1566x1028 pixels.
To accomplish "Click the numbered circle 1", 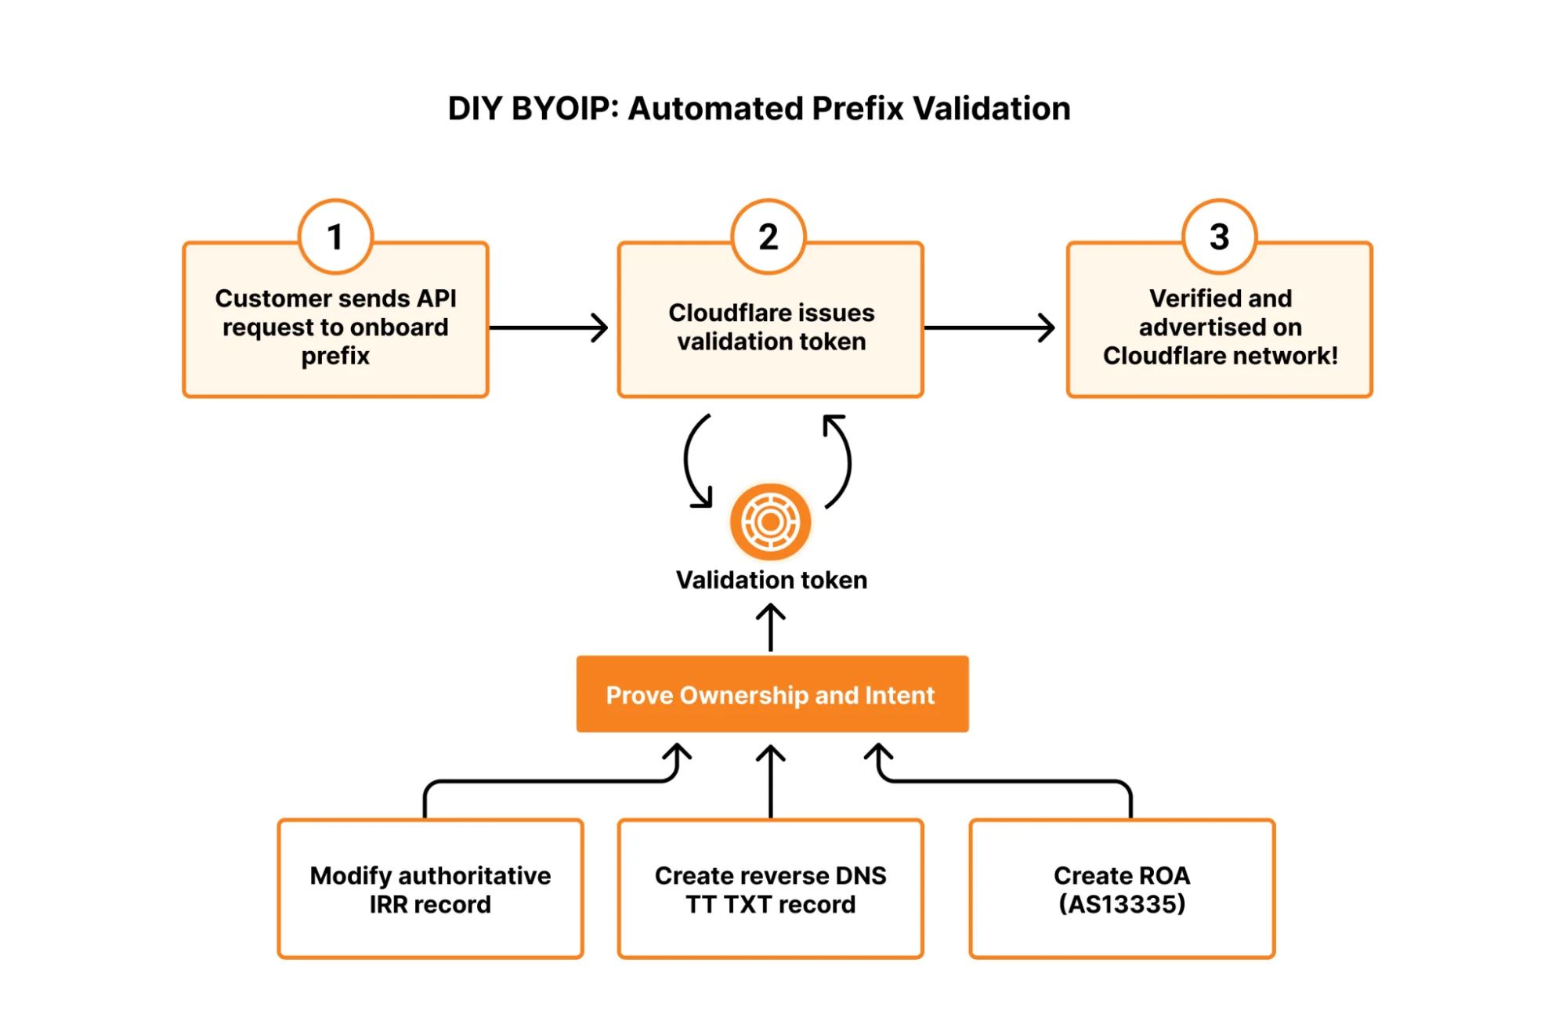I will (335, 236).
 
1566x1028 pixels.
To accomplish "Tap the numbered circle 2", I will (769, 236).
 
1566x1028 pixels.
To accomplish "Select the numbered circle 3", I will (1219, 236).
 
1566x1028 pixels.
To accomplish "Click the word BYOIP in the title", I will (559, 109).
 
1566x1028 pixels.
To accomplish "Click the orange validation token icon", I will (770, 522).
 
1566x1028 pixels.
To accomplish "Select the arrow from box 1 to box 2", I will (548, 328).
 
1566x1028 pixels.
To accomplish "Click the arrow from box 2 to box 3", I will (989, 328).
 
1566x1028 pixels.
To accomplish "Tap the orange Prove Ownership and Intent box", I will (772, 694).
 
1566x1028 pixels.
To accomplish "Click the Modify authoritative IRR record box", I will (430, 889).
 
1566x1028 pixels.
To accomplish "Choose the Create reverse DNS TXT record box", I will (770, 889).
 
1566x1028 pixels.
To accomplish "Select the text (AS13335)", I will (1122, 904).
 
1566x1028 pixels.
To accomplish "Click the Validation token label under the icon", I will (771, 580).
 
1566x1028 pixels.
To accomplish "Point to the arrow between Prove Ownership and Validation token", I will (771, 627).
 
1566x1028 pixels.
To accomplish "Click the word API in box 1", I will (436, 299).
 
